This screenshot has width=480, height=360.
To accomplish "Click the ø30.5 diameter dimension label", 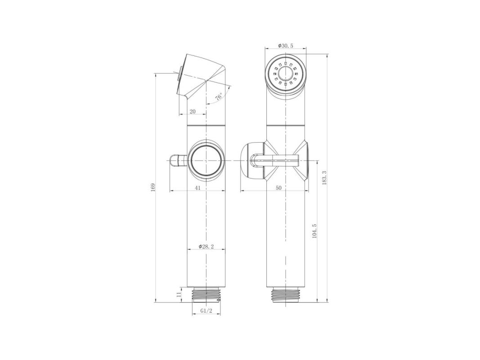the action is (285, 45).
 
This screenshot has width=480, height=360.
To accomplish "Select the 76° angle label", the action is (219, 97).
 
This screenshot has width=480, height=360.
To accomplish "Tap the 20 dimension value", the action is (193, 112).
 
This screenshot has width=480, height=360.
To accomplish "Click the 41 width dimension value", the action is (198, 188).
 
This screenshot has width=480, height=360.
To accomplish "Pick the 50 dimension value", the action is (278, 188).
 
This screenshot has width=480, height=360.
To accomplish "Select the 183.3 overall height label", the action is (325, 178).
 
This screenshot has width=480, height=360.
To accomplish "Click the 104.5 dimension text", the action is (314, 231).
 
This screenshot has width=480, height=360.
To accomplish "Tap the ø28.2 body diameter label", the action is (206, 247).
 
